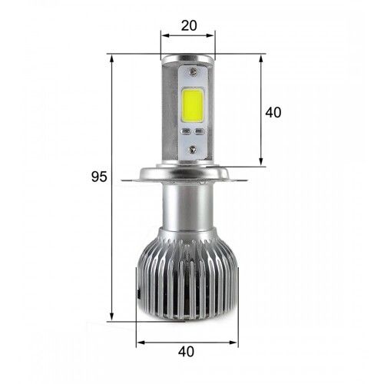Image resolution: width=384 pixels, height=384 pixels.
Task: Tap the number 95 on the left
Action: tap(98, 176)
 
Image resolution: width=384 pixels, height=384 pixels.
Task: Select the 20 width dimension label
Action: tap(188, 25)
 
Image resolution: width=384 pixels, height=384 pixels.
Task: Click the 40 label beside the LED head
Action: tap(273, 112)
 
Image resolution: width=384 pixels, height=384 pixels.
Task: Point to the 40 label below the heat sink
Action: tap(184, 352)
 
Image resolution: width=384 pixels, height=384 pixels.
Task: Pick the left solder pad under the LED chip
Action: tap(184, 131)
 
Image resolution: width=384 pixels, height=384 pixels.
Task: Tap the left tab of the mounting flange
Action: tap(132, 180)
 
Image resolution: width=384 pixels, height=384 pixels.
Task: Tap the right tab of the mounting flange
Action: tap(244, 180)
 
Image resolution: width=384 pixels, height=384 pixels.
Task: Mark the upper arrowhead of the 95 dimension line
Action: tap(112, 58)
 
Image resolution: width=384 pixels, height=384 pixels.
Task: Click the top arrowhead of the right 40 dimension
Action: tap(262, 58)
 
